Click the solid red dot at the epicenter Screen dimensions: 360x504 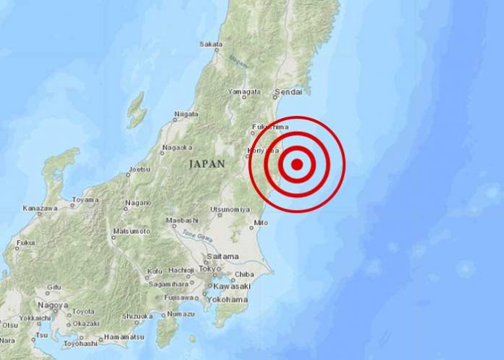click(297, 164)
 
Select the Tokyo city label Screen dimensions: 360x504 click(207, 269)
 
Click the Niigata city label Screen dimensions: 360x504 click(186, 114)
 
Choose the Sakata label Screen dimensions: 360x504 click(210, 45)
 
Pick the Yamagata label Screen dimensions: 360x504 click(243, 92)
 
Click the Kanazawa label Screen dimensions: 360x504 click(40, 209)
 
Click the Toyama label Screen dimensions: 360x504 click(85, 200)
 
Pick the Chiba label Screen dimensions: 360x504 click(244, 275)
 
